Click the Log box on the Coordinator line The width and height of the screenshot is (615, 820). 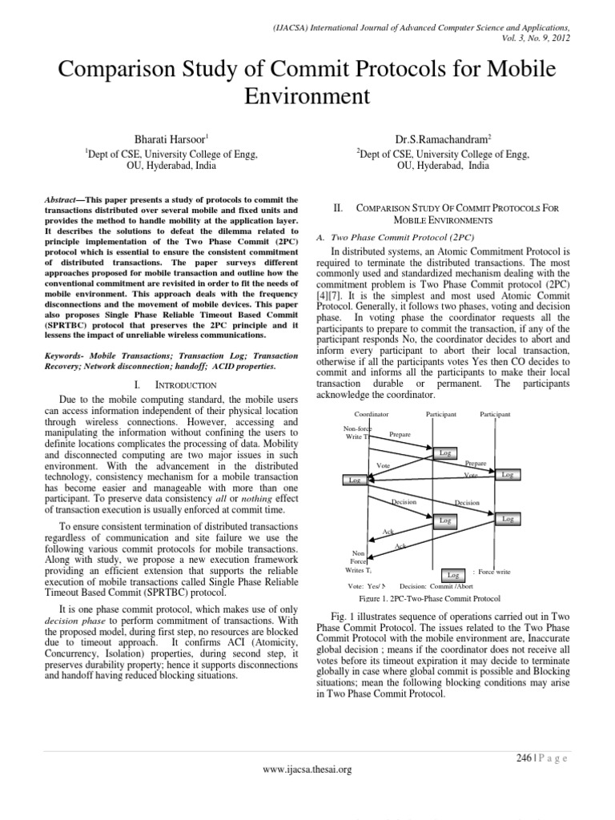(353, 480)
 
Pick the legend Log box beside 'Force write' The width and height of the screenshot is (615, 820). (452, 575)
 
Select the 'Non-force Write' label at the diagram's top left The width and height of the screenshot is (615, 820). (357, 433)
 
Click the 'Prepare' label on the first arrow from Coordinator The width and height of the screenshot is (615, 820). (400, 434)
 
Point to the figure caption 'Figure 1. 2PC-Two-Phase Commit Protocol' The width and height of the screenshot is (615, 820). (430, 599)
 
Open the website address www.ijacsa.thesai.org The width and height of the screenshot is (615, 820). (307, 770)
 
